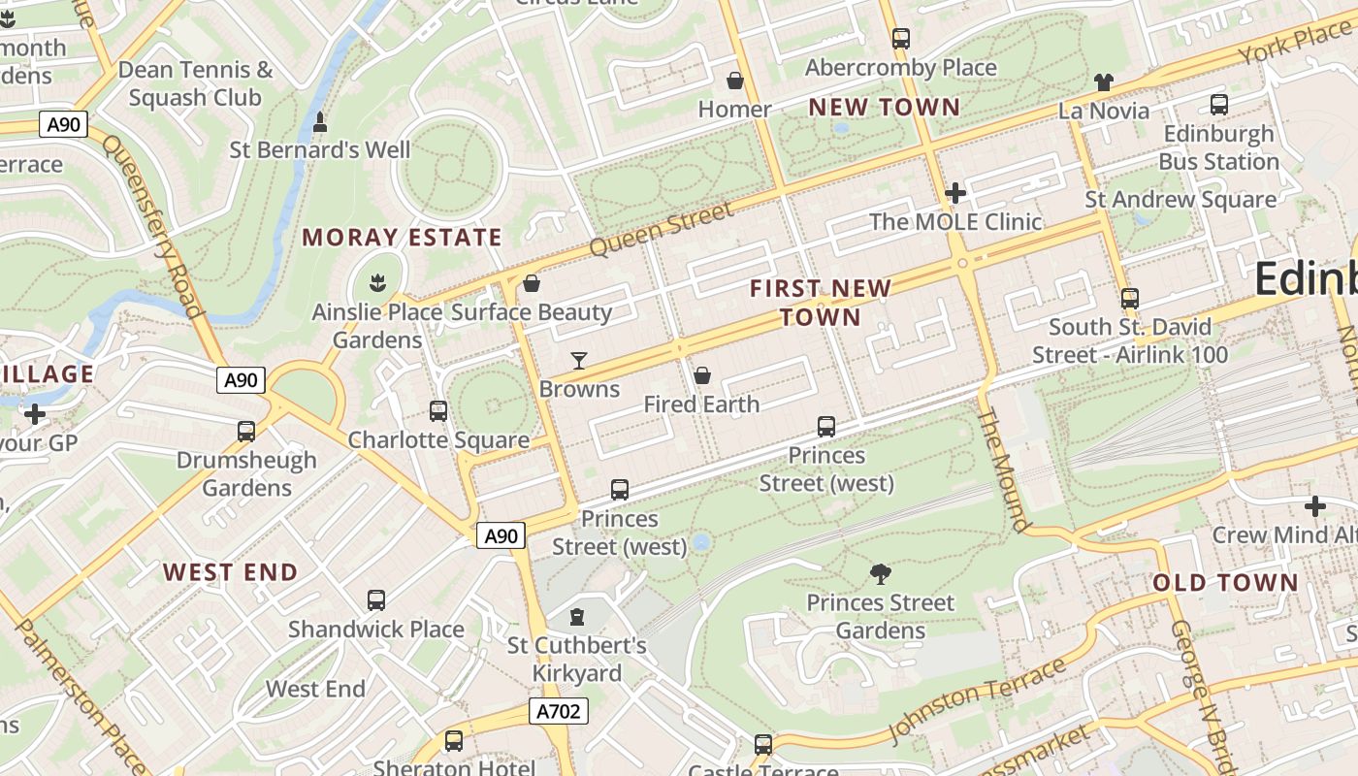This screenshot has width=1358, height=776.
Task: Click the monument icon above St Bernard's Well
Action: click(320, 122)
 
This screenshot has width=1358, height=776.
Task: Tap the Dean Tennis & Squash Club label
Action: click(195, 83)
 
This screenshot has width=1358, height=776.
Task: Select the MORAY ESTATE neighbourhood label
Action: click(402, 238)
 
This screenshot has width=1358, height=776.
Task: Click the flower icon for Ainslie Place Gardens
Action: click(377, 283)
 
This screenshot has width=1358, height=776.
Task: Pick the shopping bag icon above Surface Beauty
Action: click(531, 283)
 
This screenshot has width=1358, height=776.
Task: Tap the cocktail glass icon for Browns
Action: click(579, 361)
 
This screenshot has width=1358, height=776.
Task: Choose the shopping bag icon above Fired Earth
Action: click(702, 374)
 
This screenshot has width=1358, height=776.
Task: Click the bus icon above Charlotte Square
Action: click(438, 410)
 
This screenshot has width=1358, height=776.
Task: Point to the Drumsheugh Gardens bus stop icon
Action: click(246, 431)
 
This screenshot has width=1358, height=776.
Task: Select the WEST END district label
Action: click(230, 572)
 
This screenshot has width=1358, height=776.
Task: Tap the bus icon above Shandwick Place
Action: click(376, 599)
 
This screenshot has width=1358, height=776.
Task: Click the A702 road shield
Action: click(560, 712)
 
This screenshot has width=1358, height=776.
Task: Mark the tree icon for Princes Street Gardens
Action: click(881, 573)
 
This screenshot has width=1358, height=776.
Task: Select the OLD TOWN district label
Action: click(1225, 583)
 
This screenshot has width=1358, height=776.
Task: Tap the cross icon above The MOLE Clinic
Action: click(955, 192)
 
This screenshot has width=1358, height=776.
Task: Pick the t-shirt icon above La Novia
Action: click(1104, 81)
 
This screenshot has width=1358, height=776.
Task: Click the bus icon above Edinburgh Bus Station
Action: click(1219, 104)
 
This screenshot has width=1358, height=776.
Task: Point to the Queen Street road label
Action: click(662, 230)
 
